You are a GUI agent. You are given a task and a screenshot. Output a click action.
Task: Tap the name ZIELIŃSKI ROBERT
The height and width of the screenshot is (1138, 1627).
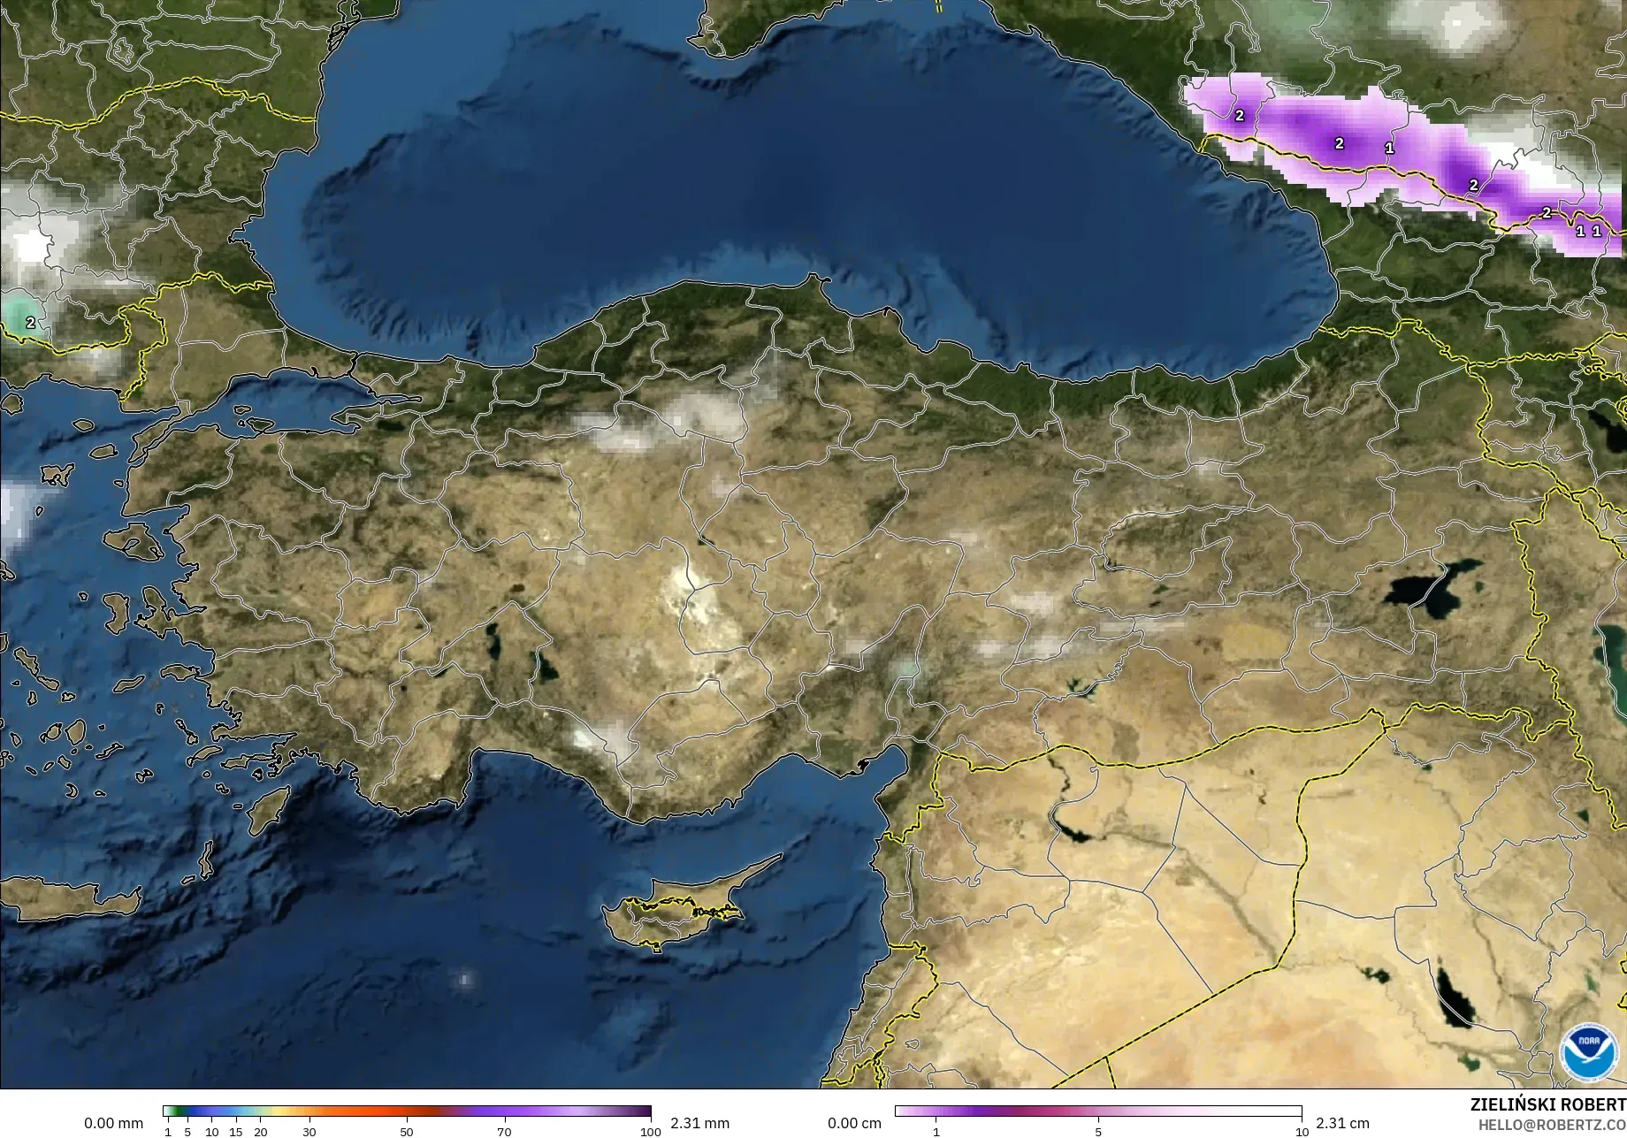point(1547,1104)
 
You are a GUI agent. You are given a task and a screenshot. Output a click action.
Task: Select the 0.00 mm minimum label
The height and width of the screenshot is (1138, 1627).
point(113,1123)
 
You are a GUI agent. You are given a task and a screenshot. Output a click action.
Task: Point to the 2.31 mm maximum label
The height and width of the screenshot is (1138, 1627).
point(699,1123)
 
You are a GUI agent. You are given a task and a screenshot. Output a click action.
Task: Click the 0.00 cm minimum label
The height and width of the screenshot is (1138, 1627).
point(854,1123)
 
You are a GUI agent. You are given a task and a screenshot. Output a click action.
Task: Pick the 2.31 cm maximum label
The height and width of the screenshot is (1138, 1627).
point(1342,1123)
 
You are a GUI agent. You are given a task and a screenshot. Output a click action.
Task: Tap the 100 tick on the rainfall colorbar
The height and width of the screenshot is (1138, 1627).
point(651,1132)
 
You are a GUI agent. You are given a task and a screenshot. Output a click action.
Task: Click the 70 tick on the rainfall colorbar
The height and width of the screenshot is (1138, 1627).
point(504,1132)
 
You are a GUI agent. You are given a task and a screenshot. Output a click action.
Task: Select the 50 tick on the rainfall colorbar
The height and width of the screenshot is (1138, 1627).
point(407,1132)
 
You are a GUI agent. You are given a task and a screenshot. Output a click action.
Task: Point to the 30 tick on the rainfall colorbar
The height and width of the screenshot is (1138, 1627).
point(309,1132)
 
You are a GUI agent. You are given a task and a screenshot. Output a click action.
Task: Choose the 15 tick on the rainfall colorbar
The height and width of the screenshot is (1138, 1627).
point(235,1132)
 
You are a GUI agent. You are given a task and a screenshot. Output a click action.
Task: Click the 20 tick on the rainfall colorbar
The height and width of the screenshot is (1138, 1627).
point(260,1132)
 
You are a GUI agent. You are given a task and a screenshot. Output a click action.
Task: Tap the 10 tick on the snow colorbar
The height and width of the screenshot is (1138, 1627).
point(1302,1132)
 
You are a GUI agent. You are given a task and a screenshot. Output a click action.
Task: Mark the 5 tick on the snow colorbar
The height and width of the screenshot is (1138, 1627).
point(1098,1132)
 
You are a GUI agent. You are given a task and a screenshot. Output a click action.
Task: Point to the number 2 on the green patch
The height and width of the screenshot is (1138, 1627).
point(31,323)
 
